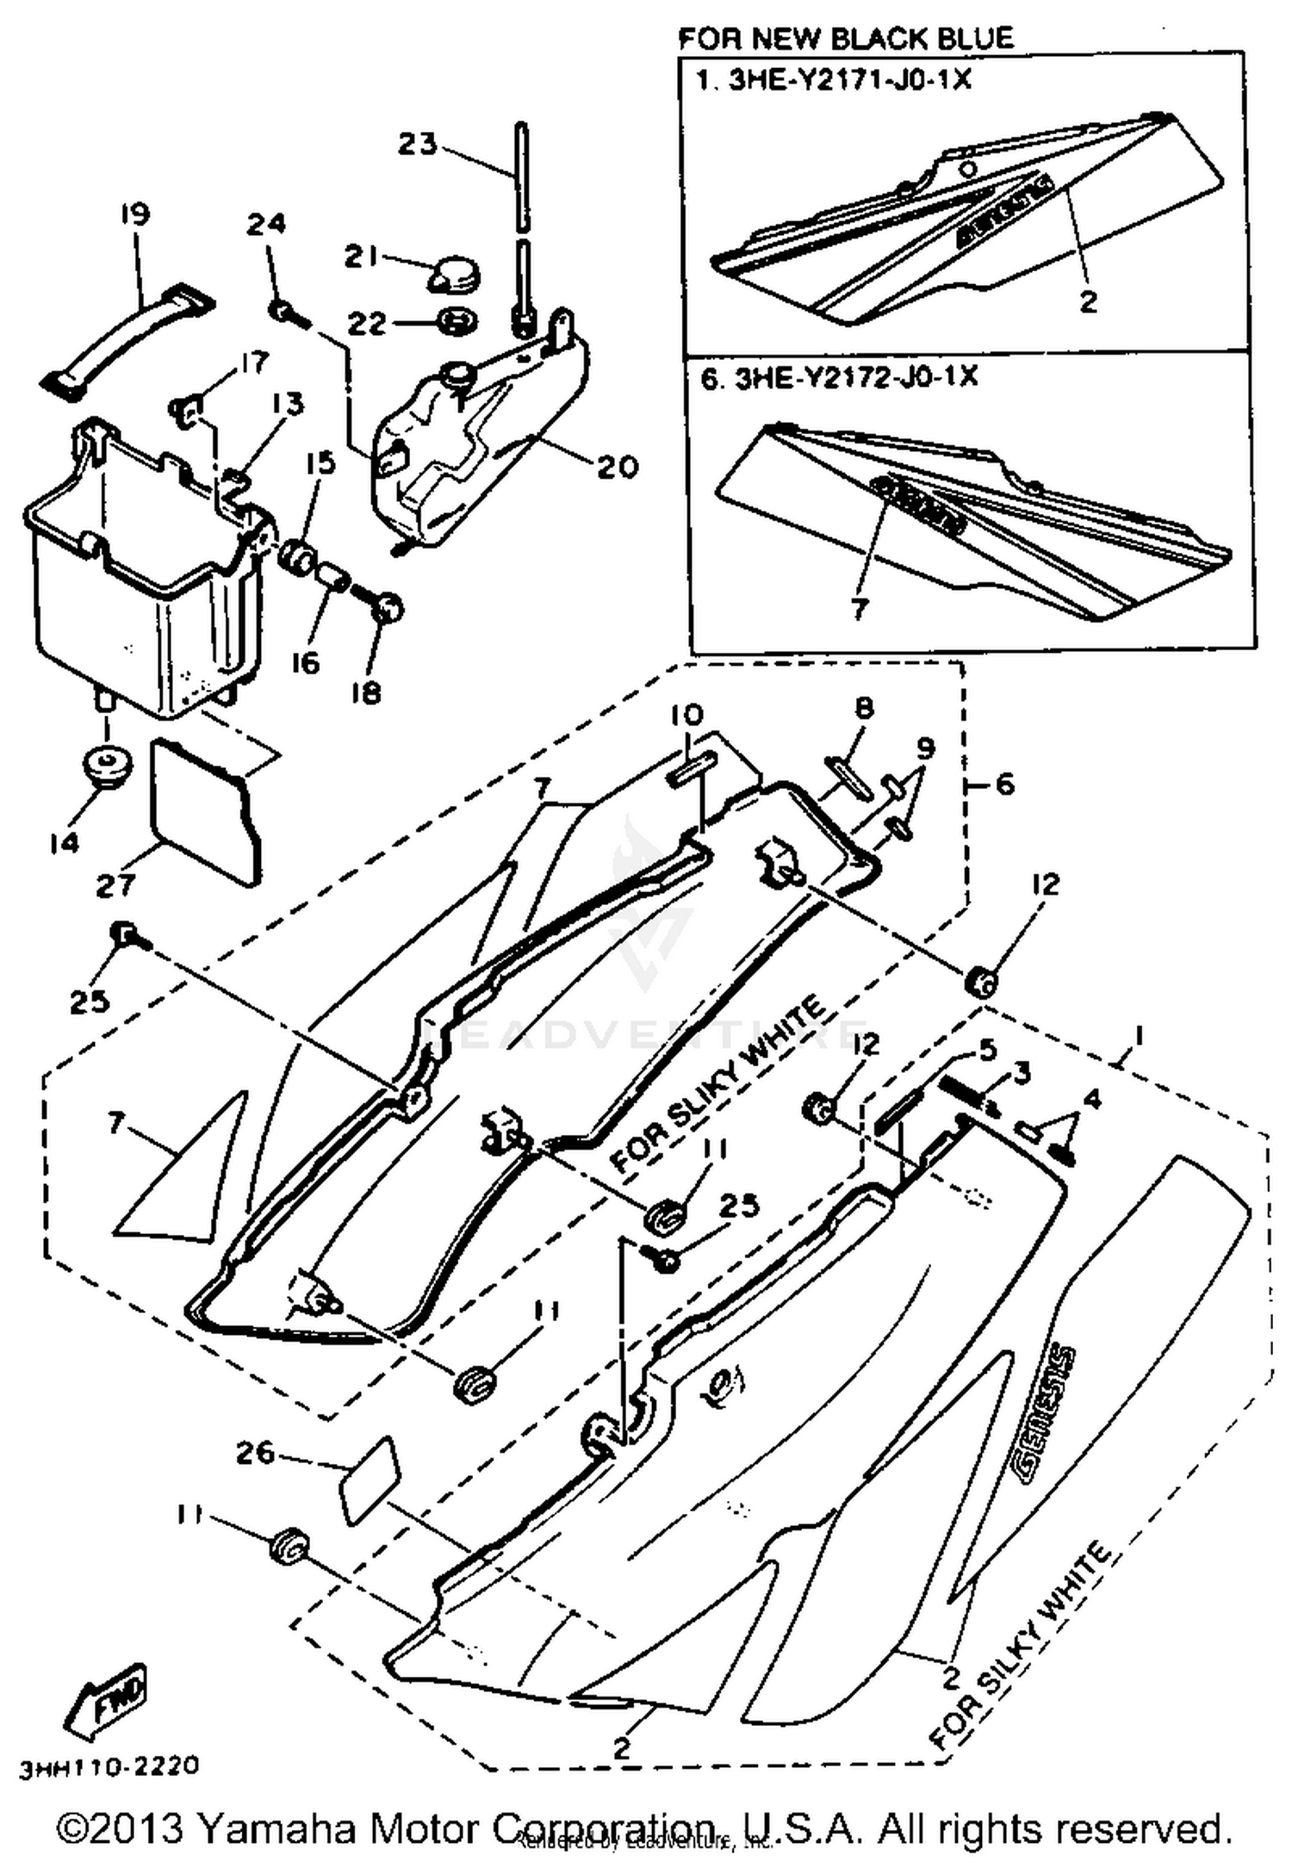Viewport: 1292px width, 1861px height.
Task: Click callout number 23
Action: pos(417,145)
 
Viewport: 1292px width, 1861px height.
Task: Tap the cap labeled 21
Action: pos(455,275)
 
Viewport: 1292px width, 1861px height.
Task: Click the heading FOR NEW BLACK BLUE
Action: pos(846,38)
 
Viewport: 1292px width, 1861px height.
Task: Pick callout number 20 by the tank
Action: pos(618,468)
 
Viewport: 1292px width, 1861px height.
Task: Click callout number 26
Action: pos(256,1454)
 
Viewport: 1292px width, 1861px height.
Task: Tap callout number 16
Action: pos(305,663)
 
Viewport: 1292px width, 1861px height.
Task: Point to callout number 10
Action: pos(686,714)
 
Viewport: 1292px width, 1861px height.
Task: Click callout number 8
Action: pos(863,708)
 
